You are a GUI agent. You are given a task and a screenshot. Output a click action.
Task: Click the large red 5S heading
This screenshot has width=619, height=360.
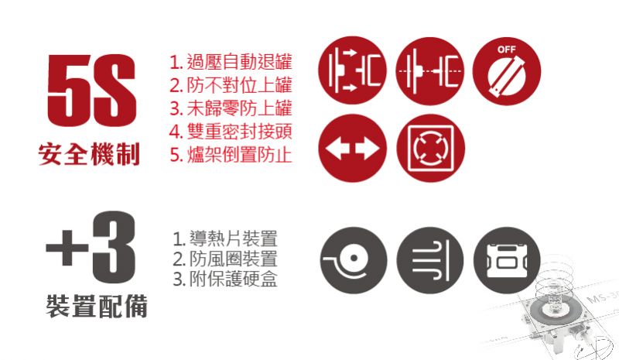coord(91,90)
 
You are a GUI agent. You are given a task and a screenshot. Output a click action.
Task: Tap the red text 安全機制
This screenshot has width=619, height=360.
coord(89,154)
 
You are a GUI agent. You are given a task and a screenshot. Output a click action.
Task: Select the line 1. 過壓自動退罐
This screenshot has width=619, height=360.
coord(231,62)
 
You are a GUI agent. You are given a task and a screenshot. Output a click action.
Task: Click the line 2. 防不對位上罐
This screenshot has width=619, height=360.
coord(231,85)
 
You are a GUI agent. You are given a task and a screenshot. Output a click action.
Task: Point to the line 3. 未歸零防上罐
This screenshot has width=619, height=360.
coord(231,108)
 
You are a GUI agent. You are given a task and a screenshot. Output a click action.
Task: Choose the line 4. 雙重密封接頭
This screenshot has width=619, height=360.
coord(231,131)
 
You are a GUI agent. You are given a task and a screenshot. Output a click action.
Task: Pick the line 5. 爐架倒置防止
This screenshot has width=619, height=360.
coord(231,155)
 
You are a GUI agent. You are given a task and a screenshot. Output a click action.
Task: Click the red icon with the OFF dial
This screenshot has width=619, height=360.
coord(507,71)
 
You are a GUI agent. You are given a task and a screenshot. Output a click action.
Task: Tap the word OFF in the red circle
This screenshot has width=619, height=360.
coord(507,50)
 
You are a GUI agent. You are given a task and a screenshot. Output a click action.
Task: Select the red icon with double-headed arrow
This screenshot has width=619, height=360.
coord(353,148)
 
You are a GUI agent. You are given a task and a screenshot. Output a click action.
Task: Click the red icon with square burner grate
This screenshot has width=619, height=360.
coord(430,148)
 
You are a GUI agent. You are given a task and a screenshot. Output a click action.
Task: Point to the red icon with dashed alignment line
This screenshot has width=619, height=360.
coord(430,71)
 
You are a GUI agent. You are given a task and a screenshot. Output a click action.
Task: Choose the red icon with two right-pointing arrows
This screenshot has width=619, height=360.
coord(353,70)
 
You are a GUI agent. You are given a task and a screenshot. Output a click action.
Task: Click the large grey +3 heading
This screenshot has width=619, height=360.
coord(91,248)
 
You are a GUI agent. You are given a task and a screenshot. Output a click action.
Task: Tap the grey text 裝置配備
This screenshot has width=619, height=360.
coord(97,307)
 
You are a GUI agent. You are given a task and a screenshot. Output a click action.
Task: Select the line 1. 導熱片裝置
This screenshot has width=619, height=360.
coord(225,238)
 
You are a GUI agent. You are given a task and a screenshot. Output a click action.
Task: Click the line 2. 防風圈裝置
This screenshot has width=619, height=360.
coord(225,259)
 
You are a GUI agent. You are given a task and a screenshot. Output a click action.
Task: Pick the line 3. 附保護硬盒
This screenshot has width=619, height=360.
coord(225,279)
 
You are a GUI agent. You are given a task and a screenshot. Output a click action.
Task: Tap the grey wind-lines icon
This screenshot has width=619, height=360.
coord(430,260)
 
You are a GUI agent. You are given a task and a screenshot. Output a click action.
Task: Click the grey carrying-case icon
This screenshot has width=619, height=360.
coord(507,260)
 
